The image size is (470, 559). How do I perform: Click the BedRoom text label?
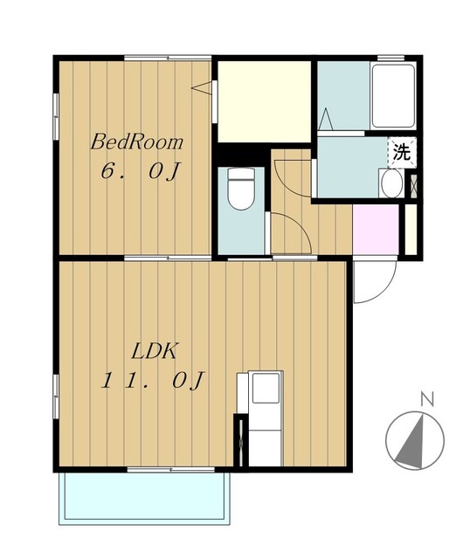click(136, 141)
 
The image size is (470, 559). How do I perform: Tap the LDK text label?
click(154, 351)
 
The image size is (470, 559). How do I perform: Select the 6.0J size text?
click(140, 171)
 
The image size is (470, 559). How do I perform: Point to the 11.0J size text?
click(153, 381)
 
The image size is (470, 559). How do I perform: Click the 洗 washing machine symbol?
click(402, 153)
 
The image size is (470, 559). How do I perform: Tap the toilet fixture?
click(241, 189)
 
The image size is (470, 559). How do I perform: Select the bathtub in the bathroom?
click(393, 95)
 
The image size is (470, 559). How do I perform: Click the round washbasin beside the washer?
click(391, 183)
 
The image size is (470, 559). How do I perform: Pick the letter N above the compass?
click(427, 399)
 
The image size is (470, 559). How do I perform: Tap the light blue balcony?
click(144, 498)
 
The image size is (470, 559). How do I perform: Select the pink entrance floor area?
click(376, 230)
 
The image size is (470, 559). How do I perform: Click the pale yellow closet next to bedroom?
click(264, 101)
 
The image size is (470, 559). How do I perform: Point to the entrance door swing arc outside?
click(386, 289)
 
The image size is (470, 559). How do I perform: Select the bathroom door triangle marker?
click(325, 119)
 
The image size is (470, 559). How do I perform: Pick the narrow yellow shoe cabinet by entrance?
click(411, 230)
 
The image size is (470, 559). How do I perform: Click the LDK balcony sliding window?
click(171, 470)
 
